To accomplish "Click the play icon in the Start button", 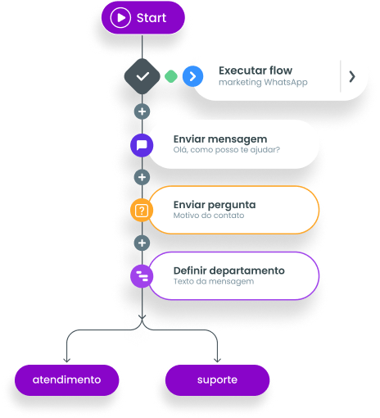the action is click(x=120, y=18).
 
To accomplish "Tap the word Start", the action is click(x=152, y=18).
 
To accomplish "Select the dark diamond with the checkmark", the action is click(x=142, y=76).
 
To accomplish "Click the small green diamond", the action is click(x=171, y=76).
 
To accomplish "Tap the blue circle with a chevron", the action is click(x=192, y=76).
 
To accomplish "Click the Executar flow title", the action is click(x=256, y=70).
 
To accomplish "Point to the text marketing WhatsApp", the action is click(x=263, y=82).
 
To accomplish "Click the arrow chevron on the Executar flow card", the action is click(x=352, y=76).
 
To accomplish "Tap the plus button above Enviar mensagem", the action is click(x=142, y=111).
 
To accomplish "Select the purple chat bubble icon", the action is click(x=142, y=145).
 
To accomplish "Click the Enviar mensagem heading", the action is click(x=220, y=139).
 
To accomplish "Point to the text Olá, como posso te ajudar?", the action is click(x=227, y=150).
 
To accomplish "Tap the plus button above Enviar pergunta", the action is click(x=142, y=177).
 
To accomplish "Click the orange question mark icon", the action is click(x=142, y=211).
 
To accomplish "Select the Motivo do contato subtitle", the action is click(x=209, y=216).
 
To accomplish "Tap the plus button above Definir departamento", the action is click(x=142, y=243).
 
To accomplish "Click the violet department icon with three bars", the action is click(x=142, y=276).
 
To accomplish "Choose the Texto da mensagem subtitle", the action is click(x=214, y=281).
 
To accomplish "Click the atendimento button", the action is click(x=67, y=380).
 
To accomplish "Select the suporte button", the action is click(x=217, y=380).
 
